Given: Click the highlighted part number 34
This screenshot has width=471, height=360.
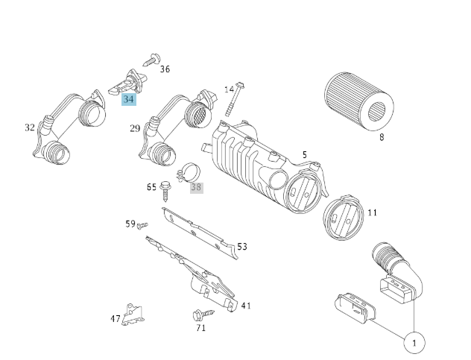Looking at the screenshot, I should pos(130,99).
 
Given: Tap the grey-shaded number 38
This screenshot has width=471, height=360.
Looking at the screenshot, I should pos(196,187).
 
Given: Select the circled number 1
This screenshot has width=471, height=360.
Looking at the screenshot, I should pos(414,343).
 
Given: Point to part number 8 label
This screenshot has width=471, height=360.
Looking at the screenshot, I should pos(382,137).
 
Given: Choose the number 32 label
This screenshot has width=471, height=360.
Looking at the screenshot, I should pos(30,127).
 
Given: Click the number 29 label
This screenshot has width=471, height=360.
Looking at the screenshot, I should pos(135,128).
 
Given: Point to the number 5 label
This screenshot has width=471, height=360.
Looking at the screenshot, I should pos(304,155).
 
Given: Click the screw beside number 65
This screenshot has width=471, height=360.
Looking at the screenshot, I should pos(165,191).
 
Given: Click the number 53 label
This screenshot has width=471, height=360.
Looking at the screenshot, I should pos(242,247).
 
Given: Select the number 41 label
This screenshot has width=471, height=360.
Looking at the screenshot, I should pos(246,305).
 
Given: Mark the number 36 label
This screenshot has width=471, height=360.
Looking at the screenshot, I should pos(165,69).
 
